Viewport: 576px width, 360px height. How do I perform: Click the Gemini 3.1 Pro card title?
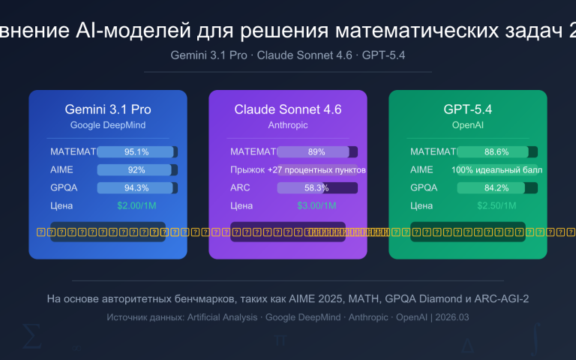click(108, 109)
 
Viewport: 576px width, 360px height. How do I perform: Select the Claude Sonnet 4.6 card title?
click(288, 109)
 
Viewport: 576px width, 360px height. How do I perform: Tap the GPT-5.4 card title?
click(468, 109)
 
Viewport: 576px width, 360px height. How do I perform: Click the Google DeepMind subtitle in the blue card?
click(108, 124)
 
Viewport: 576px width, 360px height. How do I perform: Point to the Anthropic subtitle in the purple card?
click(288, 124)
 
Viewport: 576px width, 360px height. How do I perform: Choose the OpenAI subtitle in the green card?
click(468, 124)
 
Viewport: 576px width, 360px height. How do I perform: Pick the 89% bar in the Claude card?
click(317, 151)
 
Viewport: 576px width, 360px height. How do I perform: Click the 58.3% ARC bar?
click(317, 187)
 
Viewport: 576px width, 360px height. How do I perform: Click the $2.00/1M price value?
click(137, 205)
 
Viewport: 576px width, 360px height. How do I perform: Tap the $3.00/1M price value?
click(317, 205)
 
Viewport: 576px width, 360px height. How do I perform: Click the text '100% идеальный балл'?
click(497, 169)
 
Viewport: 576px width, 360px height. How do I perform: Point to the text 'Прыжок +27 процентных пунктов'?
click(298, 169)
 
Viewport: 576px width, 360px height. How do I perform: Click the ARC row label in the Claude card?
click(240, 187)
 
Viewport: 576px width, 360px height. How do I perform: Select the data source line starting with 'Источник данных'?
click(288, 317)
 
